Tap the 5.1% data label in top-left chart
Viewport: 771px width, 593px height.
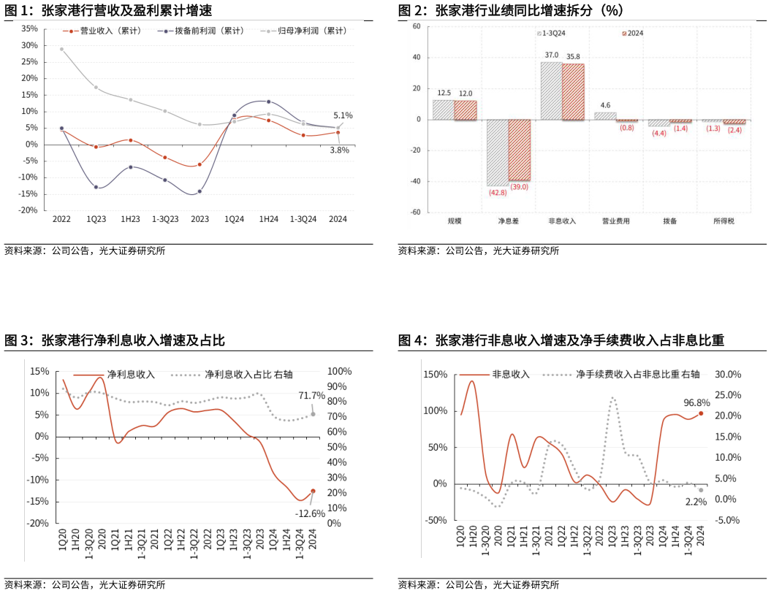343,115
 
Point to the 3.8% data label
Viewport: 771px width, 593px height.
339,150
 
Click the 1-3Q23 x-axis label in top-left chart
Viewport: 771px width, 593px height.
165,219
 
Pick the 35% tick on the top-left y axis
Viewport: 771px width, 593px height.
29,28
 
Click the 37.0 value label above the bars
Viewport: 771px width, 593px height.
552,55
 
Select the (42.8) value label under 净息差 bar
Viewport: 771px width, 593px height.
498,193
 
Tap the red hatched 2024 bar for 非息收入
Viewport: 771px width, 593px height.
573,91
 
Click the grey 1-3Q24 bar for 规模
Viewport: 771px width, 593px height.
444,110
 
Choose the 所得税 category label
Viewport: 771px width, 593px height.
723,221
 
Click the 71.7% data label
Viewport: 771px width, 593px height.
311,396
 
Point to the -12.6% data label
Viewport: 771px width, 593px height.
310,513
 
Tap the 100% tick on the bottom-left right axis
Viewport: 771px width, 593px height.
339,371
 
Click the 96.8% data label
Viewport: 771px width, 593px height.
697,402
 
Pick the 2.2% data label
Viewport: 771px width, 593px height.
695,502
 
